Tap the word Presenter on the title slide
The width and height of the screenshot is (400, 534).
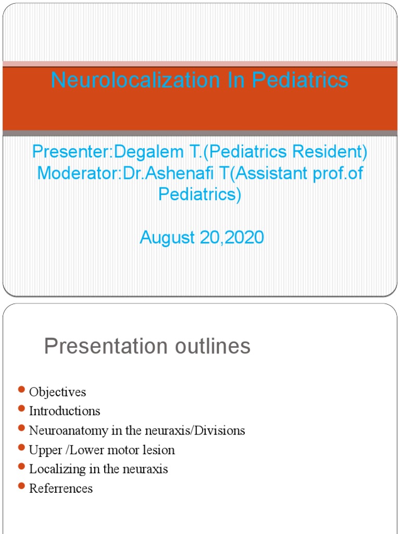[x=72, y=152]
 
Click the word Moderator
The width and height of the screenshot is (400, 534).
[x=78, y=173]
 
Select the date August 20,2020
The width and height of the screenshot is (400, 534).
[x=202, y=238]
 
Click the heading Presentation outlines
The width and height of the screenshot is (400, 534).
[x=147, y=346]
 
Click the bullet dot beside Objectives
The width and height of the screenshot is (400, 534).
[x=21, y=390]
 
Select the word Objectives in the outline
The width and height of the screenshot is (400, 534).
[x=57, y=392]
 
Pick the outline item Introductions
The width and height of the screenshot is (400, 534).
[x=65, y=411]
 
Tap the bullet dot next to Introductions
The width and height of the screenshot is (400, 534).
[x=21, y=409]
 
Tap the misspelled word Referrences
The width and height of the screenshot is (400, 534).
[x=61, y=489]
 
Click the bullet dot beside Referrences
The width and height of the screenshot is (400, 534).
[x=21, y=486]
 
